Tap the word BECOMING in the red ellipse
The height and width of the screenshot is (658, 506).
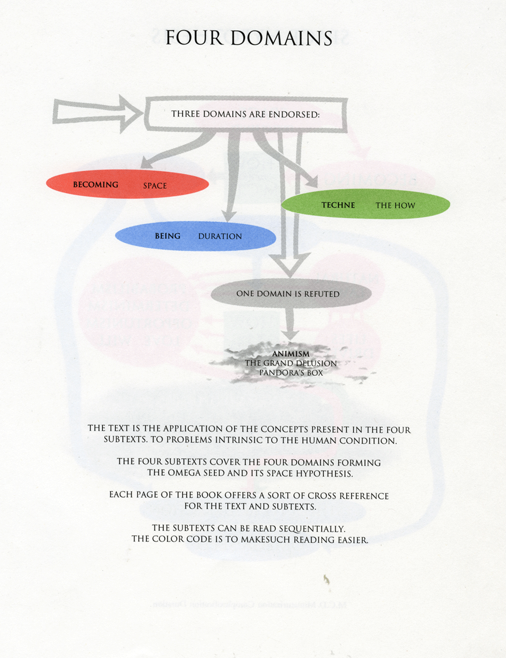tap(96, 185)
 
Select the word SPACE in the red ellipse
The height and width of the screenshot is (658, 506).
tap(155, 186)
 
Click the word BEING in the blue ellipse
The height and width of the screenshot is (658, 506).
tap(167, 236)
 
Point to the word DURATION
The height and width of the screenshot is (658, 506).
tap(220, 237)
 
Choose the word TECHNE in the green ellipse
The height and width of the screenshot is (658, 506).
tap(338, 205)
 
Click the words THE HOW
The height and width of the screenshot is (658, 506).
tap(395, 206)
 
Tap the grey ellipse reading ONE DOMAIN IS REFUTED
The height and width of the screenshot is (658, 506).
tap(290, 294)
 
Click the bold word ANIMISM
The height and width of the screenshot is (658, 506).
tap(291, 354)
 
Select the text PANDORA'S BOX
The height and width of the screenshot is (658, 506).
tap(291, 373)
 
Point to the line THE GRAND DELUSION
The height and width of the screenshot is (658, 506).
tap(291, 363)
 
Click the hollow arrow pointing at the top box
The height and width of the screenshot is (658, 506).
tap(96, 112)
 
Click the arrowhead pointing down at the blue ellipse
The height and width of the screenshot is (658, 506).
tap(229, 215)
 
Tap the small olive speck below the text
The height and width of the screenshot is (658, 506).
tap(327, 579)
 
